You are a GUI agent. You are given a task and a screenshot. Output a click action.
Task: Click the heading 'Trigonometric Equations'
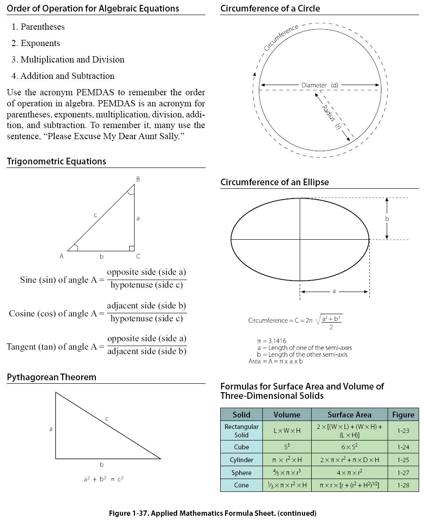[56, 161]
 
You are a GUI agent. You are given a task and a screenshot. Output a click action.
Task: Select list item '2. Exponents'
[36, 43]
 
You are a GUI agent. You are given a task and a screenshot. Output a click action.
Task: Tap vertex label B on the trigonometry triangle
[138, 179]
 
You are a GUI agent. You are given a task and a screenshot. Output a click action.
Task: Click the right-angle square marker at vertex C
[131, 248]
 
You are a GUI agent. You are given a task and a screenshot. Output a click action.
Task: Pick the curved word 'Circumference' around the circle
[281, 38]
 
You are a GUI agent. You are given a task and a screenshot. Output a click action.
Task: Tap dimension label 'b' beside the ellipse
[387, 219]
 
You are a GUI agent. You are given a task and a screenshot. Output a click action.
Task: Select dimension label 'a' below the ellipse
[334, 291]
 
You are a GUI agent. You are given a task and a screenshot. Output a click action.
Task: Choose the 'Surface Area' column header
[349, 415]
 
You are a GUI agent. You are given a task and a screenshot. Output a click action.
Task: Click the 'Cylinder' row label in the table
[241, 460]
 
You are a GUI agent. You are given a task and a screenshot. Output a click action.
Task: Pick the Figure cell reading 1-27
[403, 473]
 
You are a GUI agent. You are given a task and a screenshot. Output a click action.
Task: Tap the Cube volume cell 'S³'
[286, 447]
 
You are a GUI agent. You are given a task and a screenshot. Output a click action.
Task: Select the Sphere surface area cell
[349, 473]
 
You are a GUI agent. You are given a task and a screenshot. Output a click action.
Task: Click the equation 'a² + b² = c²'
[103, 479]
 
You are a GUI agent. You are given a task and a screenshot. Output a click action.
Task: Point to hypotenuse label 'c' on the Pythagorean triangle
[107, 418]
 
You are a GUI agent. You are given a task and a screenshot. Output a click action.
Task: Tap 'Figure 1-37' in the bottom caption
[126, 514]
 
